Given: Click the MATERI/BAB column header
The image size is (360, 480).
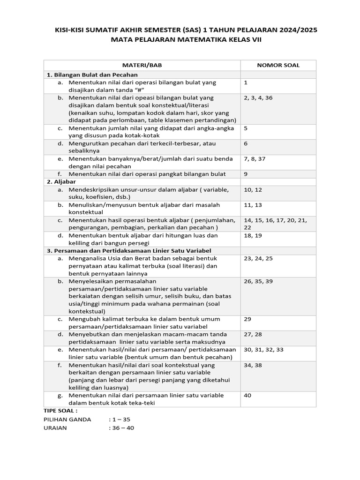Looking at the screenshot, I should click(142, 65).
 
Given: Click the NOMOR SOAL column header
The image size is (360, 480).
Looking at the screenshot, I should click(278, 65).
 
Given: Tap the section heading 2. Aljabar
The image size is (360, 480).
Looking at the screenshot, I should click(61, 181).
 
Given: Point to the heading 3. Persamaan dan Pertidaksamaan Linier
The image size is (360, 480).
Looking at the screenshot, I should click(129, 251).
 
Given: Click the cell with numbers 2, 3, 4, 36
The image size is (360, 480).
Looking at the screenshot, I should click(258, 98).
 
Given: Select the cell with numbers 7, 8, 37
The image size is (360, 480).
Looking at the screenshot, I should click(255, 159).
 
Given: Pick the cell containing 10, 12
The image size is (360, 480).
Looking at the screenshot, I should click(253, 189).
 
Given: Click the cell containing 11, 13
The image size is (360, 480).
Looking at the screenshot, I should click(253, 205).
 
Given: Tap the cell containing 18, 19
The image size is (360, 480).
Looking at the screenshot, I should click(253, 235).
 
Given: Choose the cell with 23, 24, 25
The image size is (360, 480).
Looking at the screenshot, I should click(258, 258).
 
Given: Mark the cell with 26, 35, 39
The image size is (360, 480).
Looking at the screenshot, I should click(258, 281).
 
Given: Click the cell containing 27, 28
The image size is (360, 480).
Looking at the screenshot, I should click(253, 334).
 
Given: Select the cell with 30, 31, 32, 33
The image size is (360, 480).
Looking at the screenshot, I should click(263, 350).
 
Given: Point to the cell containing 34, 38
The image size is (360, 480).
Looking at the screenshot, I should click(253, 365).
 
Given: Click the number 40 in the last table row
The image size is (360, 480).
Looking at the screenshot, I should click(248, 395).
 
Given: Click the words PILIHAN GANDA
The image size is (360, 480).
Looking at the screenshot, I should click(67, 420).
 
